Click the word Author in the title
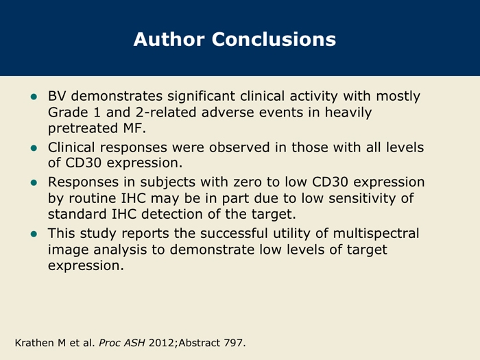169,39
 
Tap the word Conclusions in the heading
274,39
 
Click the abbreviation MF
134,128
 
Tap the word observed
239,147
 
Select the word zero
248,182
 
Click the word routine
93,198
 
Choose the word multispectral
376,235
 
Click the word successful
235,233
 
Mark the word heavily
348,113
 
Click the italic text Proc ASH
122,343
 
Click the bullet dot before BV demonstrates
34,97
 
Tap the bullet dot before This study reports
34,235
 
